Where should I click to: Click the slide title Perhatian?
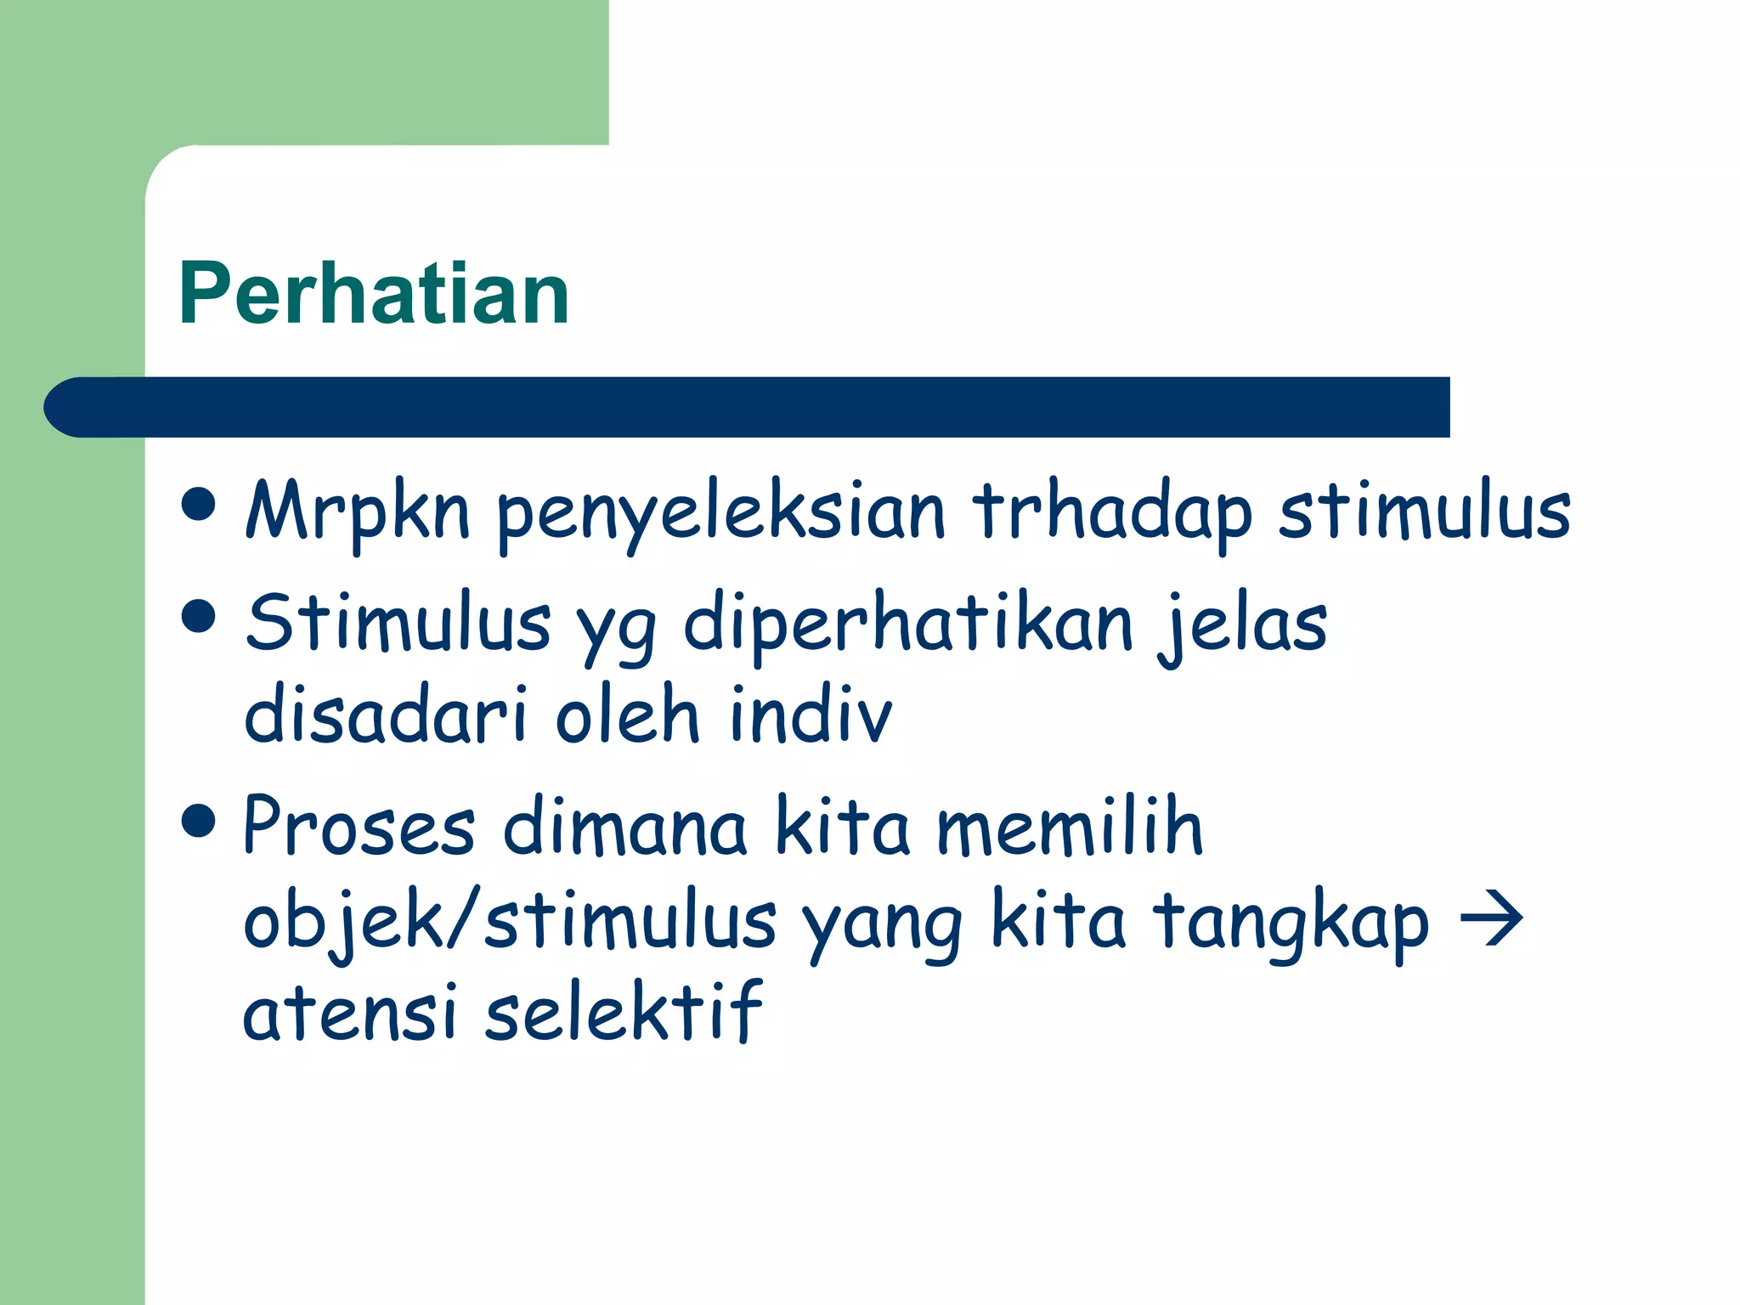coord(374,293)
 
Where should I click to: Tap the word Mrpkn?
coord(357,511)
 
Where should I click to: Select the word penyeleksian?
coord(720,513)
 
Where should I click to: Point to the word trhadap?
coord(1112,511)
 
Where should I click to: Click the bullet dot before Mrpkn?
coord(199,503)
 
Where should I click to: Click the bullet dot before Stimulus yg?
coord(199,615)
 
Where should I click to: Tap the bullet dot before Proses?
coord(199,820)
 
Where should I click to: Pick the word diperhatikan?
coord(908,625)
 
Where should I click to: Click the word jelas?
coord(1243,625)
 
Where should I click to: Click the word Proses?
coord(359,826)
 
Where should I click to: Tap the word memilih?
coord(1070,826)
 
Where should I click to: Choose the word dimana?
coord(624,826)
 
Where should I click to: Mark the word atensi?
coord(350,1013)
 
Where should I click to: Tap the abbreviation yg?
coord(617,629)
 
